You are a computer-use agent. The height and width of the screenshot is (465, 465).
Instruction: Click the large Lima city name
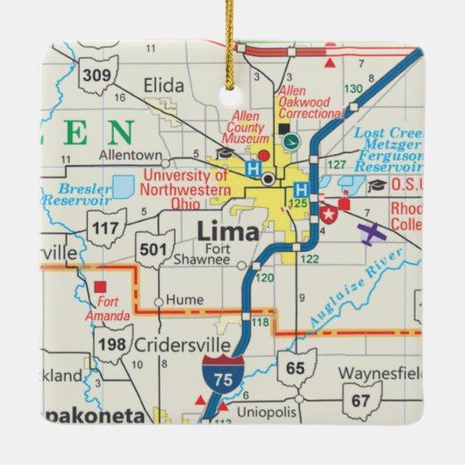pos(228,232)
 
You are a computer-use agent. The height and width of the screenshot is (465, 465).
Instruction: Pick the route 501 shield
pos(153,248)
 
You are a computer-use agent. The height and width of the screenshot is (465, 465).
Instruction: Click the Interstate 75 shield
pos(219,374)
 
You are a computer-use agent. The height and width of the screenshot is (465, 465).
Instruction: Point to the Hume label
pos(184,299)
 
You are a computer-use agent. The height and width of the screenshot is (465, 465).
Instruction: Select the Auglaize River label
pos(355,289)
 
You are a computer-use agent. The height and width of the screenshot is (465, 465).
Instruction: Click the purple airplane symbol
pos(373,233)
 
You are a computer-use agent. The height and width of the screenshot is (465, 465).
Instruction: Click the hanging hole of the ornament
pos(233,91)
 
